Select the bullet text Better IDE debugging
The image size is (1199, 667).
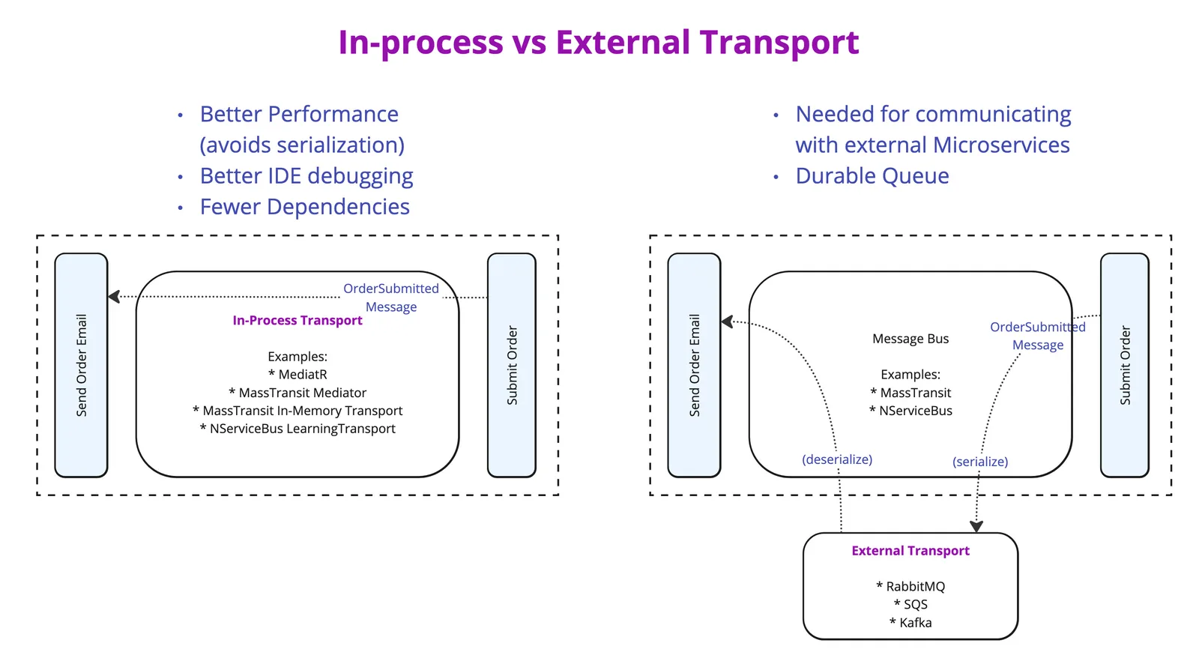point(306,176)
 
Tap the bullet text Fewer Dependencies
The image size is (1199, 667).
point(304,207)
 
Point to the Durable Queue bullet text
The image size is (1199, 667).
point(872,176)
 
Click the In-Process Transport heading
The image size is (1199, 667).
point(298,321)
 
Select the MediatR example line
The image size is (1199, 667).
point(298,375)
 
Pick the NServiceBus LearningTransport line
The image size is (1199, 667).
point(298,429)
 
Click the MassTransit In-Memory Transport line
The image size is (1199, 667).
point(298,411)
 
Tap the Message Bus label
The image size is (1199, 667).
point(910,339)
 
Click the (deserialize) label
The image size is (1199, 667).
point(837,459)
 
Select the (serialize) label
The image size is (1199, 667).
point(980,462)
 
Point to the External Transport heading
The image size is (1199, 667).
point(910,551)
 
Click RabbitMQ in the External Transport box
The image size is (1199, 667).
point(910,587)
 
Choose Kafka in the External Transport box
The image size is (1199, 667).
point(910,623)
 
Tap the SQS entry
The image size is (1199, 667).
point(910,605)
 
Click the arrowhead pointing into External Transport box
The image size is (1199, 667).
point(976,526)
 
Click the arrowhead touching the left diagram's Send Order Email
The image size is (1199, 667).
point(114,297)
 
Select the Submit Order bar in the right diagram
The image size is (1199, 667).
point(1124,365)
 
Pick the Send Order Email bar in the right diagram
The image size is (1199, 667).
point(694,365)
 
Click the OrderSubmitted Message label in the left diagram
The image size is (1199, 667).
point(391,298)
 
